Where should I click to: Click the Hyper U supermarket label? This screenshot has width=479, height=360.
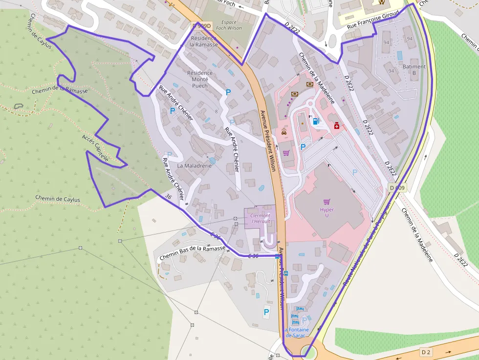click(327, 210)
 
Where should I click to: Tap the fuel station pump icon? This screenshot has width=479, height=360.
click(316, 121)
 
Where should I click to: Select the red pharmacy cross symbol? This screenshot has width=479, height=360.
click(336, 127)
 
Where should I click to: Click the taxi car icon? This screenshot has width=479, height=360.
click(284, 132)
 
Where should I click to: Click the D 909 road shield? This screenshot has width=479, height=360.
click(397, 188)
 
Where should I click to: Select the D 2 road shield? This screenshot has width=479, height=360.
click(426, 352)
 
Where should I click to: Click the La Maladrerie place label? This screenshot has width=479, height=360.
click(194, 166)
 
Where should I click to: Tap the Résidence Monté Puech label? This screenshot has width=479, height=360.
click(200, 79)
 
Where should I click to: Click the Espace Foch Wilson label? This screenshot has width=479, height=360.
click(229, 25)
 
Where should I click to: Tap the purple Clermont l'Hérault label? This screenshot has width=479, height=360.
click(260, 218)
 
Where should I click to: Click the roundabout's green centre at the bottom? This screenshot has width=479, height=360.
click(308, 351)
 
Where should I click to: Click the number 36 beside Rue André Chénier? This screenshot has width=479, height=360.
click(169, 196)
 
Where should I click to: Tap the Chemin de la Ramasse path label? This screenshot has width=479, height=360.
click(60, 90)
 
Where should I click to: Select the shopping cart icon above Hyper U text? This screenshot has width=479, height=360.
click(327, 201)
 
